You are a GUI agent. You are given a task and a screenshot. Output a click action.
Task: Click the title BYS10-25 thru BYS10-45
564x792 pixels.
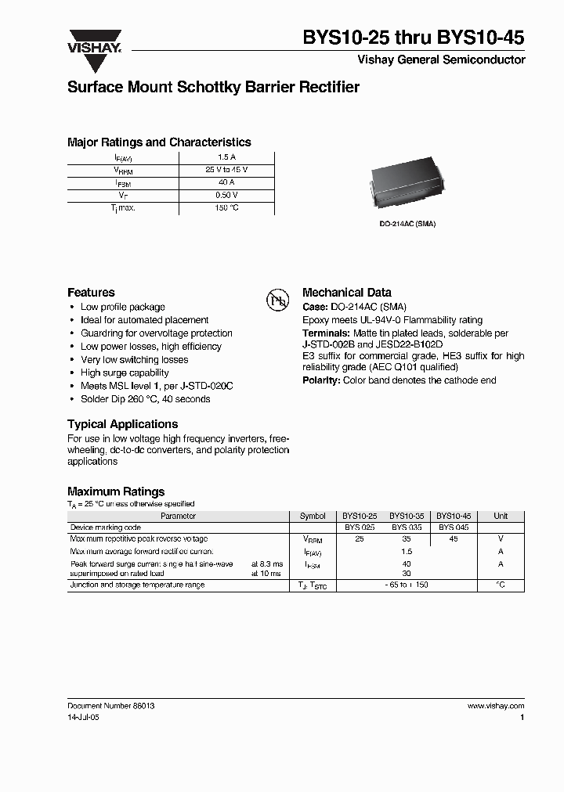pos(414,37)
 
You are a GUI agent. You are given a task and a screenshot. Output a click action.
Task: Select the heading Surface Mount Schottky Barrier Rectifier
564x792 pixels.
pos(213,88)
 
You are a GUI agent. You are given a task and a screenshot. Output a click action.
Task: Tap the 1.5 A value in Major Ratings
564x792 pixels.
pos(226,157)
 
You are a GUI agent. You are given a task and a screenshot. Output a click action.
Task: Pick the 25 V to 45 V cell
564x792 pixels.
pos(226,170)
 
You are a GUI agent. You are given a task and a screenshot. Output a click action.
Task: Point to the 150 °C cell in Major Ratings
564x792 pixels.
pos(226,208)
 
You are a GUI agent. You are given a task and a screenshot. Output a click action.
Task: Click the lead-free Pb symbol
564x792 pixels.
pos(278,300)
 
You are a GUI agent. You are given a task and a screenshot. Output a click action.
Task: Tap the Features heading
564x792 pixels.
pos(91,292)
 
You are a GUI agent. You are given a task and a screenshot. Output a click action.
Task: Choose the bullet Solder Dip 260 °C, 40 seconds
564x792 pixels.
pos(145,399)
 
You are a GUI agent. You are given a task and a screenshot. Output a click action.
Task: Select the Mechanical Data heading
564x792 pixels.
pos(346,292)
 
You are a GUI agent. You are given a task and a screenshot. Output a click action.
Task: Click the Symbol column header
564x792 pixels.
pos(313,517)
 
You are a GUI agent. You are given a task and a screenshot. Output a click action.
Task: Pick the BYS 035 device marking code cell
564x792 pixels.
pos(407,528)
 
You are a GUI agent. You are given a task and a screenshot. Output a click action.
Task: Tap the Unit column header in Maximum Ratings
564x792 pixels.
pos(501,517)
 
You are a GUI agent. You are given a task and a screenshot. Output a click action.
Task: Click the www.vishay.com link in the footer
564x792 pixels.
pos(495,706)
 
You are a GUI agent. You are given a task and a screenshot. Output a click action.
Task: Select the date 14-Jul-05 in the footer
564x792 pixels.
pos(84,717)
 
